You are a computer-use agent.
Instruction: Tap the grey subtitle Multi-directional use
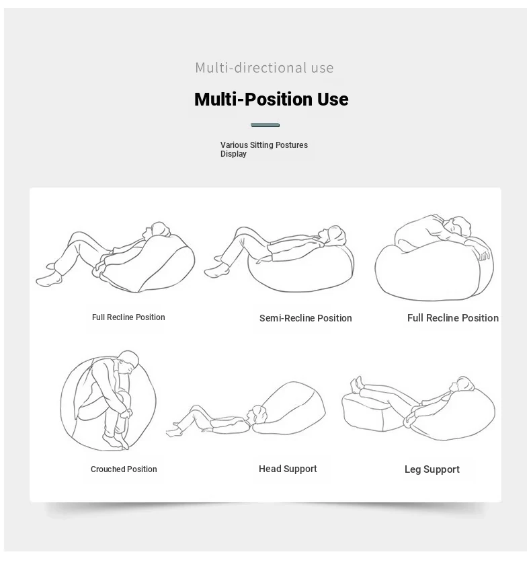click(264, 67)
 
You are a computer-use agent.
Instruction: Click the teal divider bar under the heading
click(265, 125)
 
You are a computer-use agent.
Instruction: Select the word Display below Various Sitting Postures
click(233, 154)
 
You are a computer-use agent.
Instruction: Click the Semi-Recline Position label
click(306, 318)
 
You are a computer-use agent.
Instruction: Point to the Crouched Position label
click(124, 469)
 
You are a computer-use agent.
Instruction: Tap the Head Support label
click(288, 469)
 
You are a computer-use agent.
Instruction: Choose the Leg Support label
click(432, 469)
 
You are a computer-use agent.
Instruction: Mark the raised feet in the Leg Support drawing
click(357, 385)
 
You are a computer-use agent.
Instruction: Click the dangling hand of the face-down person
click(483, 253)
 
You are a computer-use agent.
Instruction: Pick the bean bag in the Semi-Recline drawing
click(300, 268)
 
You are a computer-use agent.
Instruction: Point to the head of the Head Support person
click(257, 415)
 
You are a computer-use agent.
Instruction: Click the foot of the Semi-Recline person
click(216, 272)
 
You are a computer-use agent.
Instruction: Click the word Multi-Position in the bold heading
click(253, 99)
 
